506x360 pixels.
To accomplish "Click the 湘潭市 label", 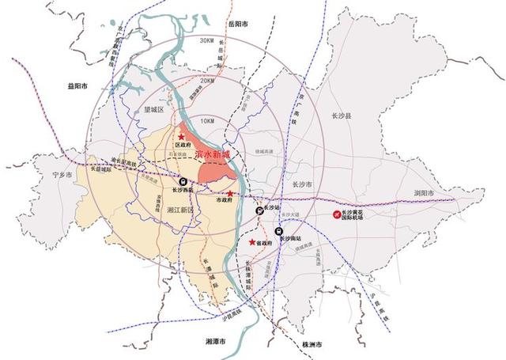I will click(x=215, y=341).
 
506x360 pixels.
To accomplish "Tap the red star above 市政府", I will click(x=230, y=193).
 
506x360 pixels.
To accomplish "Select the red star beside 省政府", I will click(x=252, y=242).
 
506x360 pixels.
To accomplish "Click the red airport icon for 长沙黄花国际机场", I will click(x=335, y=214).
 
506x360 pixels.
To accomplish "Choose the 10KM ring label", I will click(x=208, y=119).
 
